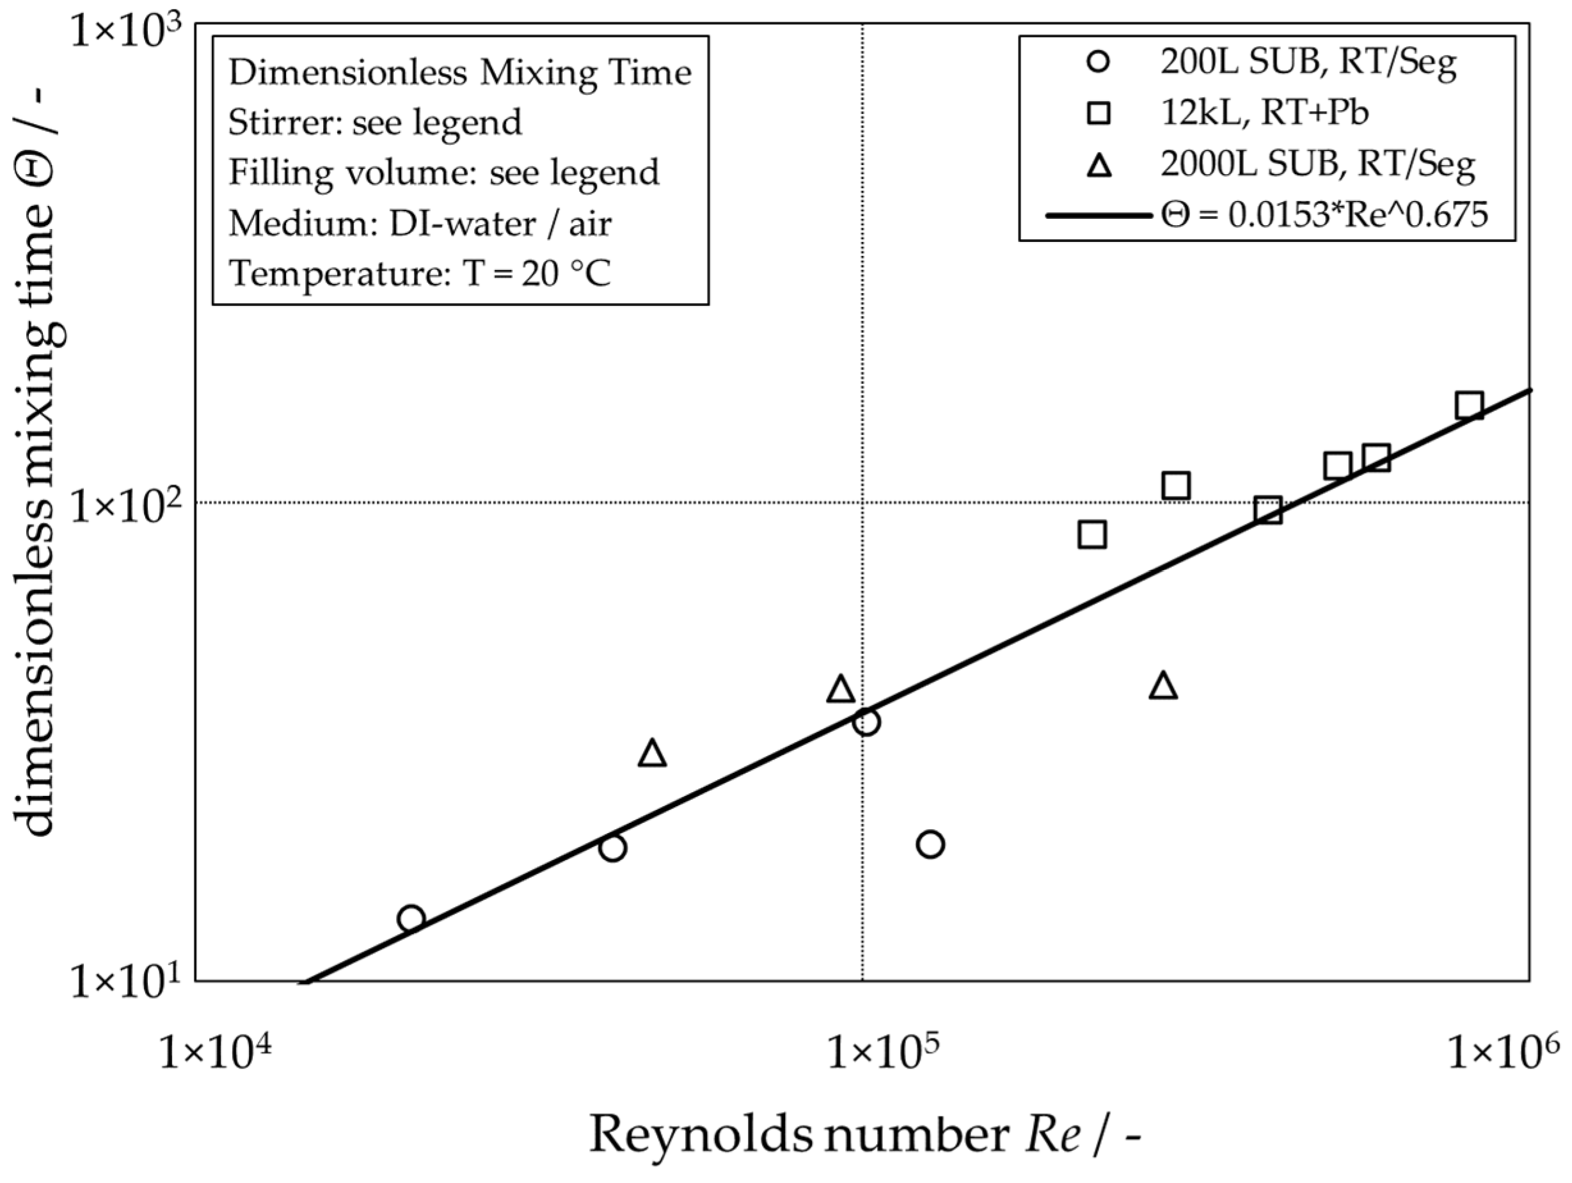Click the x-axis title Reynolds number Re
click(x=864, y=1134)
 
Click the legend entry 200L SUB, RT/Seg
click(x=1308, y=63)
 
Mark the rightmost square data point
click(x=1469, y=406)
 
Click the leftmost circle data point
click(x=411, y=918)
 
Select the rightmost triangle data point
click(x=1163, y=686)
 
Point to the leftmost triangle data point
click(x=653, y=753)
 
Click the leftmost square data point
click(x=1092, y=534)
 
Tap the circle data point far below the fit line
click(x=930, y=844)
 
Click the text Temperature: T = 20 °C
click(x=419, y=274)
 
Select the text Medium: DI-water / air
click(x=419, y=223)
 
